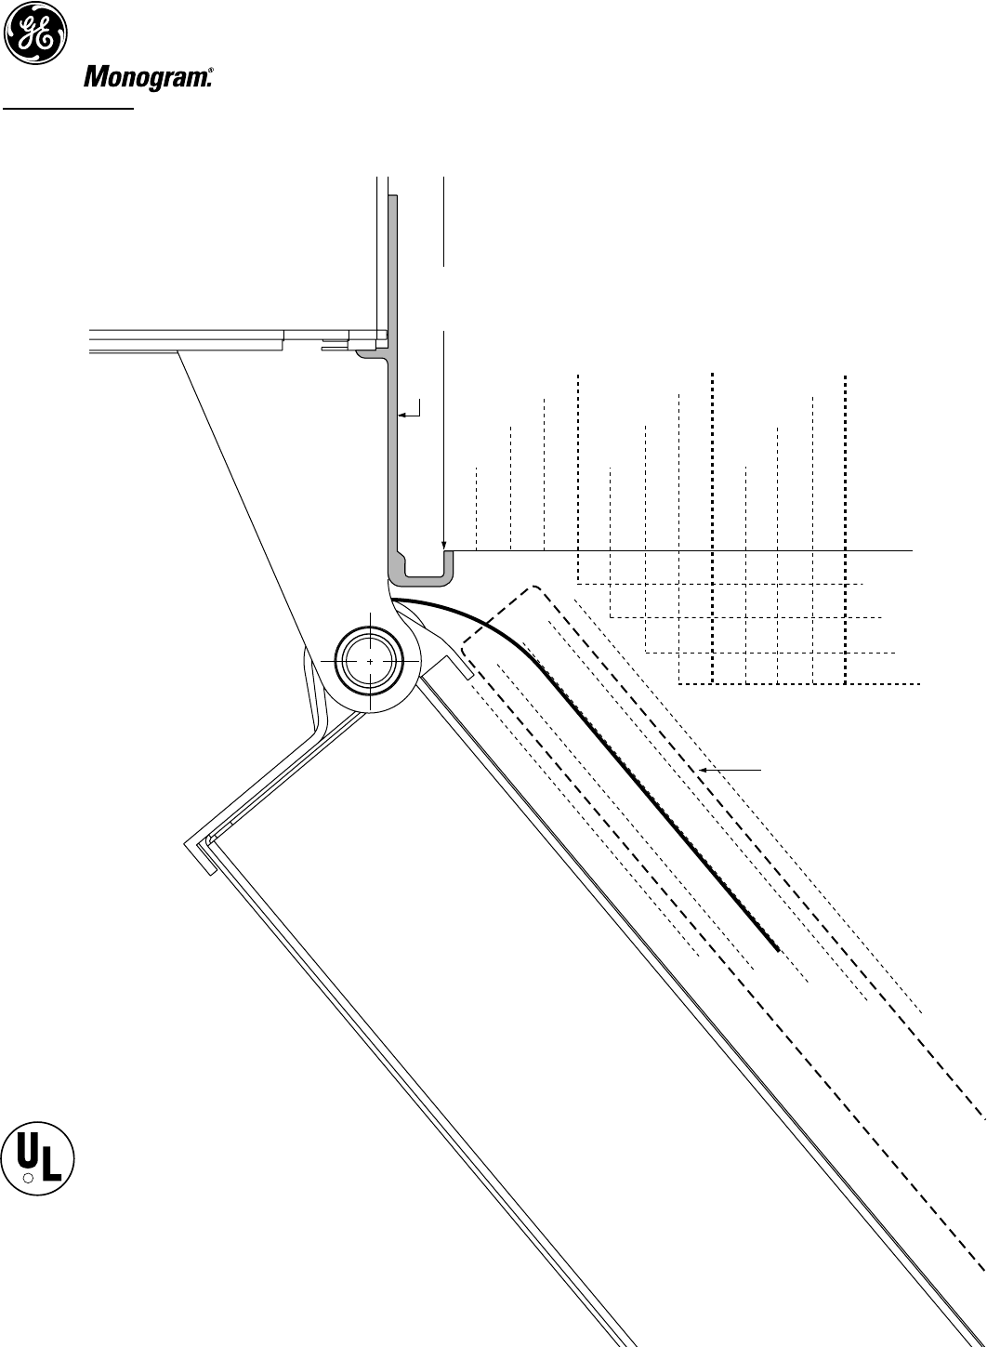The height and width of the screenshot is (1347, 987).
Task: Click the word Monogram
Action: [x=144, y=79]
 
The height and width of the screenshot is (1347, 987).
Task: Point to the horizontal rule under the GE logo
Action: [x=70, y=107]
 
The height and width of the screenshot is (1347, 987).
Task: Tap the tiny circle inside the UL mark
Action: [x=29, y=1177]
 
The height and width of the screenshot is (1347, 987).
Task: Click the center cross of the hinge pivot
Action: [x=370, y=660]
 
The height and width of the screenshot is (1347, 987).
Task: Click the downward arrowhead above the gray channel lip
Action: [x=445, y=546]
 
